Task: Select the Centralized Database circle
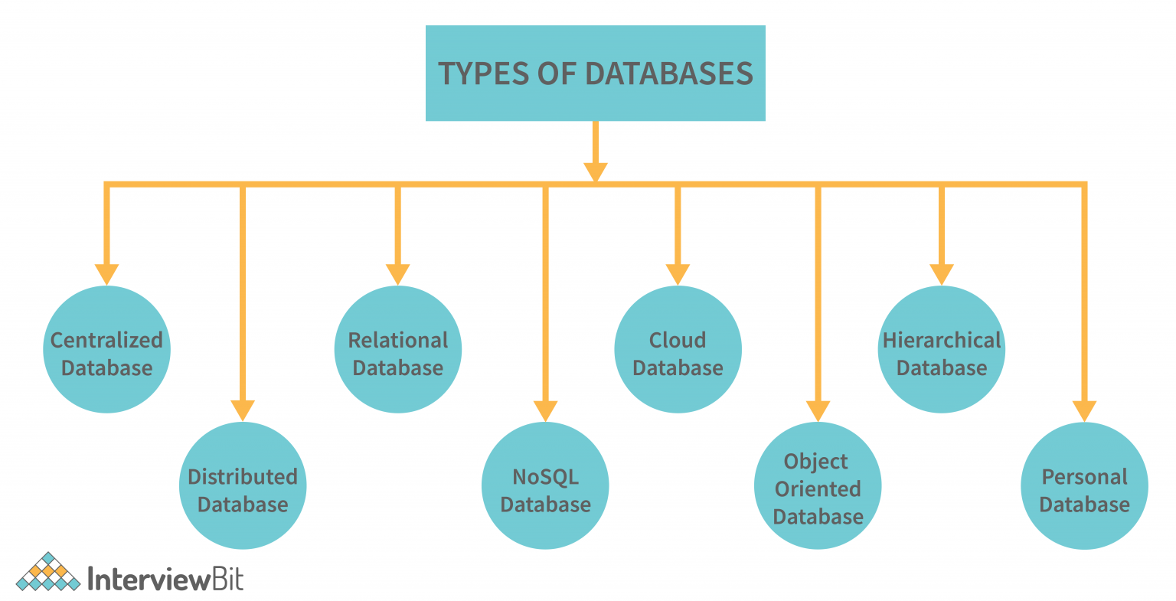(x=106, y=350)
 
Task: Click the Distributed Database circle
(x=243, y=486)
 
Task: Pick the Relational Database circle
(x=398, y=350)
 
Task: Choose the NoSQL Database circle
(x=545, y=486)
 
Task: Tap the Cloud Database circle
(x=678, y=350)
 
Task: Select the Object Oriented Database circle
(x=818, y=486)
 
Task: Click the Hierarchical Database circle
(x=941, y=350)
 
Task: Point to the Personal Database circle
(x=1084, y=486)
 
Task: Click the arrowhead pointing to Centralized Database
(x=106, y=273)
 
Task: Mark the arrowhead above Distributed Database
(x=243, y=410)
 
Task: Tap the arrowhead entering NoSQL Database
(x=545, y=410)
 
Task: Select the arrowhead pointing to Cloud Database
(x=678, y=273)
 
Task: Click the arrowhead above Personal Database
(x=1084, y=410)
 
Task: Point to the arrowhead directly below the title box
(x=595, y=171)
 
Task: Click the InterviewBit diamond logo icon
(x=48, y=572)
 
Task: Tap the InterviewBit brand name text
(x=165, y=579)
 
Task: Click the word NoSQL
(x=545, y=477)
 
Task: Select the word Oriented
(x=818, y=488)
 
